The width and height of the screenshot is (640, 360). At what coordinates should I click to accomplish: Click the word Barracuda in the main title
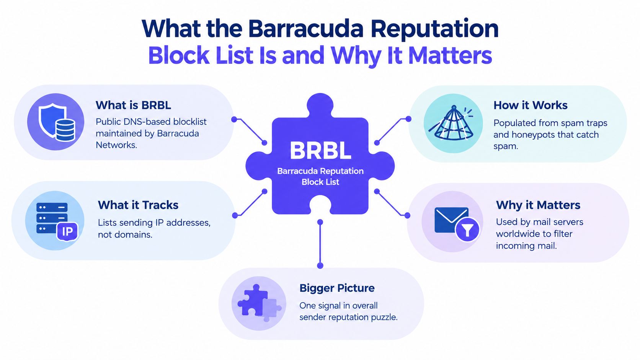305,29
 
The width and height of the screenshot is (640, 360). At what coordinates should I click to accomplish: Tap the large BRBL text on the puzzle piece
320,150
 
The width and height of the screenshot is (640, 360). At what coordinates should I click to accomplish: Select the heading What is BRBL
133,105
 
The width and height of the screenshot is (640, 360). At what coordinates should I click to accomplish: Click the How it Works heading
530,105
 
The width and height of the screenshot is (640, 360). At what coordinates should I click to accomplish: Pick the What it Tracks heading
138,205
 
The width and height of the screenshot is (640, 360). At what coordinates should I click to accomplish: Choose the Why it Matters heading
538,205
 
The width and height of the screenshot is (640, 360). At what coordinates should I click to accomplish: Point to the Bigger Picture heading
337,288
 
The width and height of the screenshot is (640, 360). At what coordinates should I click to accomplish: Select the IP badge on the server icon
67,231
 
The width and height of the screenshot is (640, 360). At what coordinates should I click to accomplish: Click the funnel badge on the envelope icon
467,230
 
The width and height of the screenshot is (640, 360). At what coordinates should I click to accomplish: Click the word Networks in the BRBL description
116,145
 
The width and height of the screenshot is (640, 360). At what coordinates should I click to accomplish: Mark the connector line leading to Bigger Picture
320,244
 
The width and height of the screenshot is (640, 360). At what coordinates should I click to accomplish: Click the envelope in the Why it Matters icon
451,220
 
